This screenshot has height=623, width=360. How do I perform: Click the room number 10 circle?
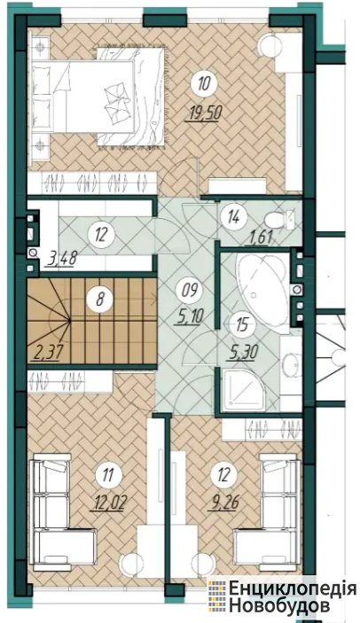[204, 84]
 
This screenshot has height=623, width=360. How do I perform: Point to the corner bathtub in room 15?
[262, 289]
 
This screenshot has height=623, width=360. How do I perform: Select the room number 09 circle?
[190, 289]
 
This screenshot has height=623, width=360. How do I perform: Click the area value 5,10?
[192, 316]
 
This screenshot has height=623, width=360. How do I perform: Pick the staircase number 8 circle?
[99, 298]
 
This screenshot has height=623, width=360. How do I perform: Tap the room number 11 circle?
[107, 475]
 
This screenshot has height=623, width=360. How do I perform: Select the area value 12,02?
[108, 502]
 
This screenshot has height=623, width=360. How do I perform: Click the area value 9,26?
[224, 502]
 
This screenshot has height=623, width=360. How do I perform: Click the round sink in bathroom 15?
[292, 364]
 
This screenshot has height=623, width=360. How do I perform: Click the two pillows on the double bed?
[117, 101]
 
